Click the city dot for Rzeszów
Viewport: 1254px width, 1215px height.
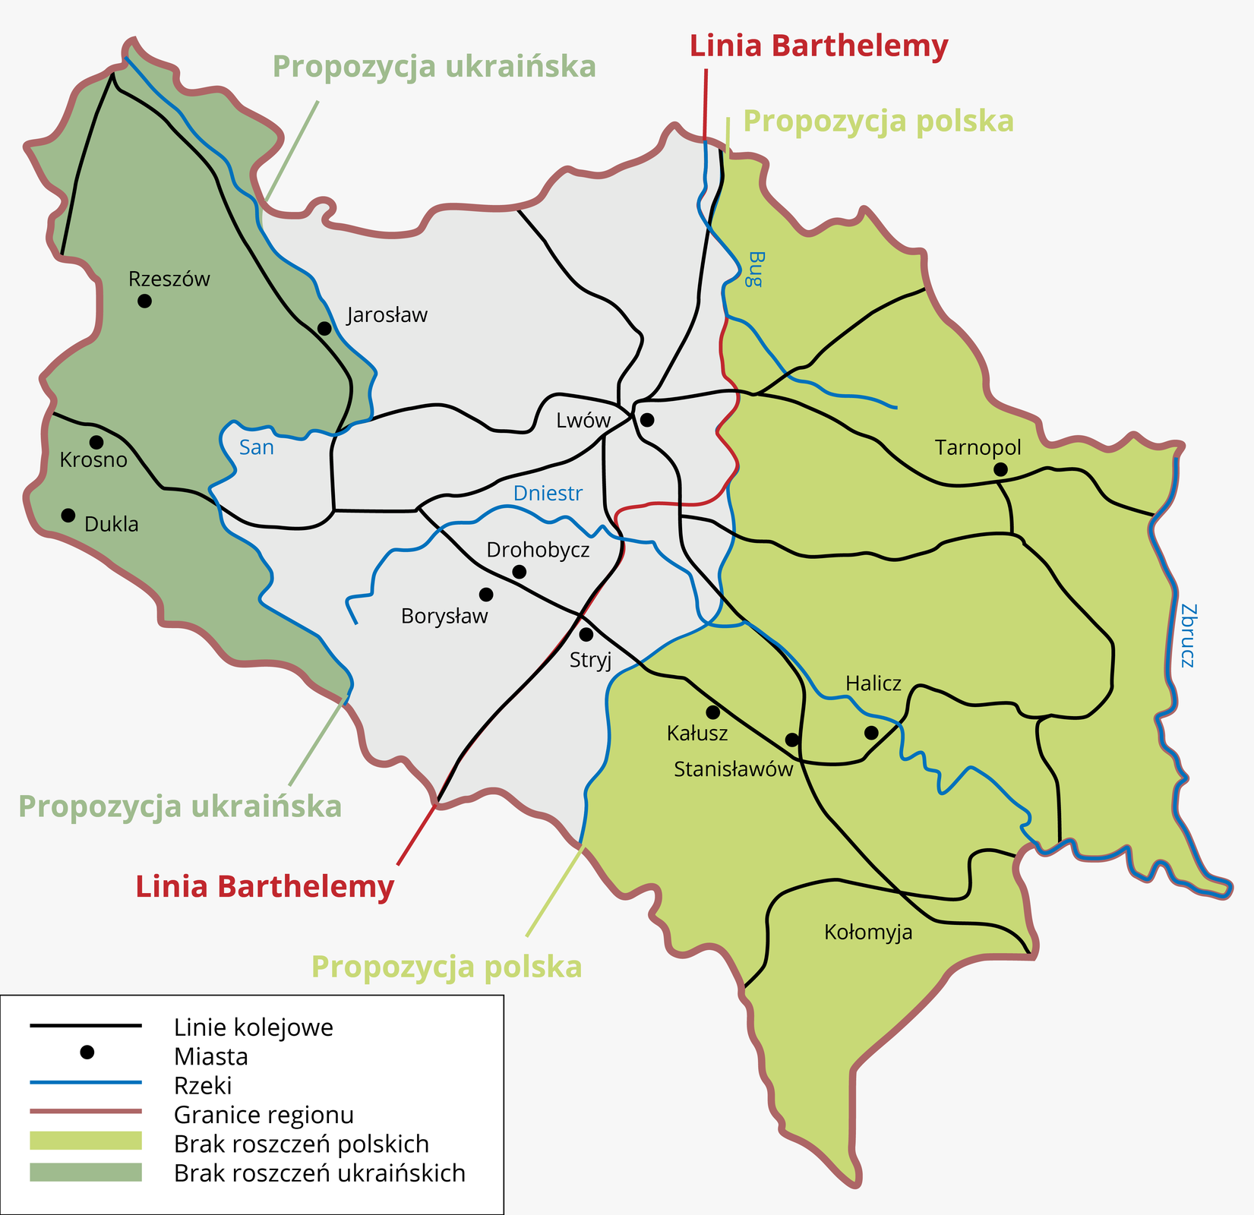tap(144, 301)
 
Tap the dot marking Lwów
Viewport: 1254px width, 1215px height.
tap(647, 419)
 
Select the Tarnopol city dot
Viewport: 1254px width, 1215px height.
tap(1000, 470)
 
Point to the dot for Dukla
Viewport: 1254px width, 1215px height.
tap(68, 515)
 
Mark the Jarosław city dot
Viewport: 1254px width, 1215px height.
tap(324, 328)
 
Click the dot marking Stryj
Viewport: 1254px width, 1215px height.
tap(586, 634)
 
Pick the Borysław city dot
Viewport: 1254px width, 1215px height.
tap(486, 594)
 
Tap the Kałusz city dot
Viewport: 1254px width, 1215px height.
tap(712, 712)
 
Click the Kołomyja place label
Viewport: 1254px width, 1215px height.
tap(868, 932)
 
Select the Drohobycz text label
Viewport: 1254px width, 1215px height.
tap(538, 550)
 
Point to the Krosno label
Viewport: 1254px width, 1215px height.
tap(93, 460)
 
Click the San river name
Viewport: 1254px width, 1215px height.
tap(256, 447)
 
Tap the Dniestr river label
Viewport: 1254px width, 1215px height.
tap(548, 494)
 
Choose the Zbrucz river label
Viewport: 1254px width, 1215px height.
tap(1188, 635)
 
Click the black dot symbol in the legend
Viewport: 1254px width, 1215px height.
tap(87, 1052)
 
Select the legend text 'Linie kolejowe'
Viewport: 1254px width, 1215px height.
tap(254, 1027)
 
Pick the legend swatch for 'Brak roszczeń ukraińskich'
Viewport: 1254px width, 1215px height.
tap(86, 1172)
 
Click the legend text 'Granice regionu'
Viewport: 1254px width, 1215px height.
tap(264, 1115)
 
